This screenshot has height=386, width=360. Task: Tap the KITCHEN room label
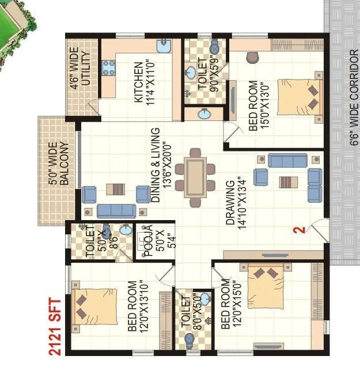[142, 82]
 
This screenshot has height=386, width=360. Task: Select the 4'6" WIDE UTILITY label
[80, 69]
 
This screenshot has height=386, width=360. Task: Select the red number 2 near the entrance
[298, 230]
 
